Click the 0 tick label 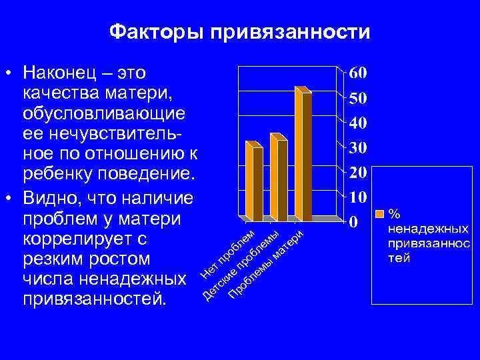(x=355, y=221)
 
